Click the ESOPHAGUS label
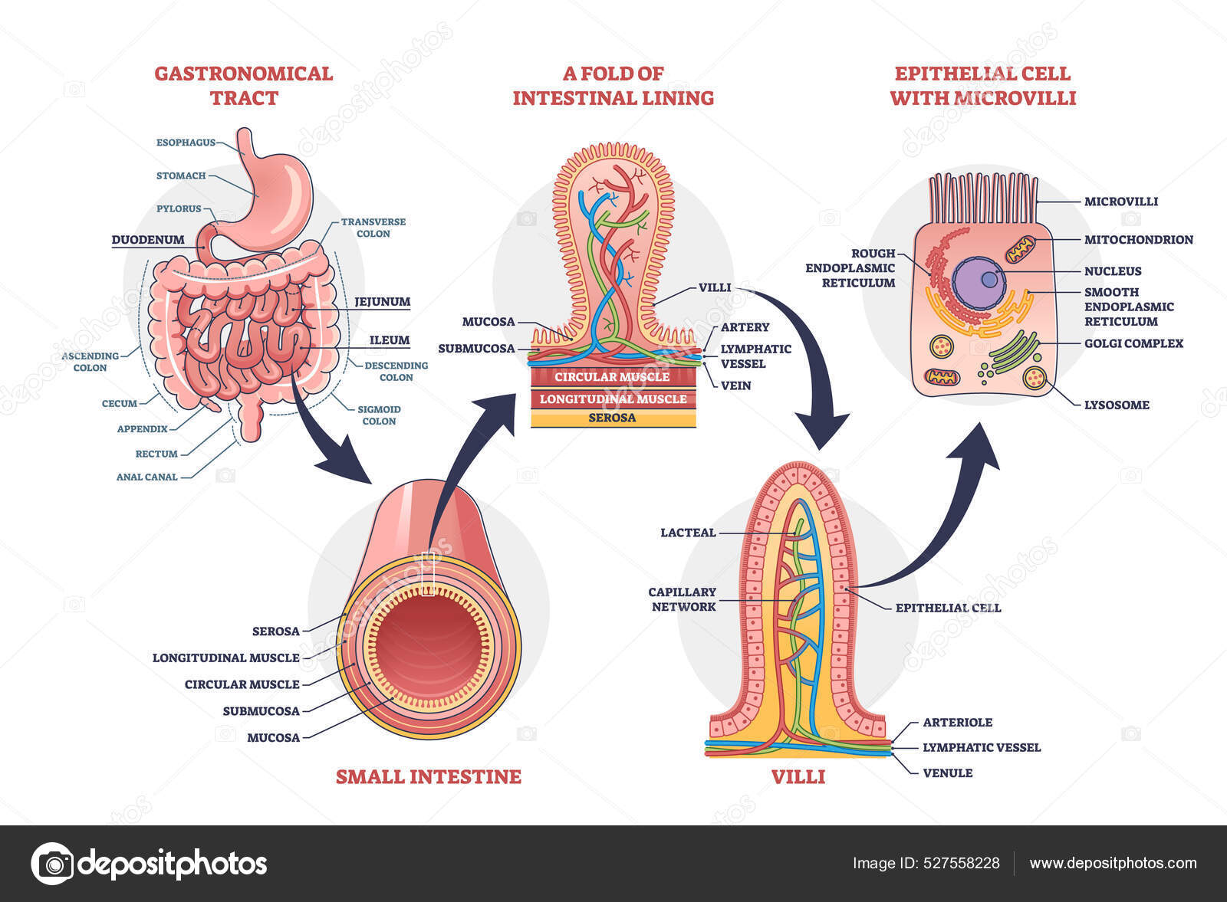pos(186,143)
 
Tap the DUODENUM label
pos(148,240)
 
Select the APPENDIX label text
pos(142,429)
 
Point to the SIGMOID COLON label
pos(379,415)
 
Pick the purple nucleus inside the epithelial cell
pos(979,283)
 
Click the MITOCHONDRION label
pos(1138,240)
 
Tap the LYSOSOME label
pos(1116,405)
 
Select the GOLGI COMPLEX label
pos(1133,343)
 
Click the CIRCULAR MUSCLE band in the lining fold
pos(612,377)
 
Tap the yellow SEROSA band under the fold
pos(612,418)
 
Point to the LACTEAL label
pos(687,533)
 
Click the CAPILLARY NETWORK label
pos(682,599)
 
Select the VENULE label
pos(947,773)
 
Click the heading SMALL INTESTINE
pos(428,777)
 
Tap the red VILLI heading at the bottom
pos(798,777)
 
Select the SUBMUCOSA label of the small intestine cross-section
pos(261,711)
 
